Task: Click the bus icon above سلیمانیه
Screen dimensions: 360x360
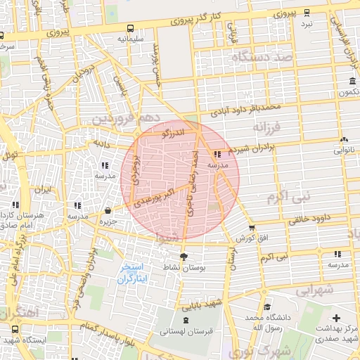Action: [131, 27]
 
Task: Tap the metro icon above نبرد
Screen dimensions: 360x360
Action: [307, 12]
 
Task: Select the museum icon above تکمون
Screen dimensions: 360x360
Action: [352, 81]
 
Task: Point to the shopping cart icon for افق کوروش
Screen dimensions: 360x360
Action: [252, 228]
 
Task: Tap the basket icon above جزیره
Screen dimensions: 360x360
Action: [108, 210]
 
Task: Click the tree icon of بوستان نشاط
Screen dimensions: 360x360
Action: [184, 257]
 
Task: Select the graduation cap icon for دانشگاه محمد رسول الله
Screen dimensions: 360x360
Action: [267, 307]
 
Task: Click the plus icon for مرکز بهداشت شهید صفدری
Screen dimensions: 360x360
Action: [336, 319]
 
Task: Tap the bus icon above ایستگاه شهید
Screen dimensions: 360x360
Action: [15, 329]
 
